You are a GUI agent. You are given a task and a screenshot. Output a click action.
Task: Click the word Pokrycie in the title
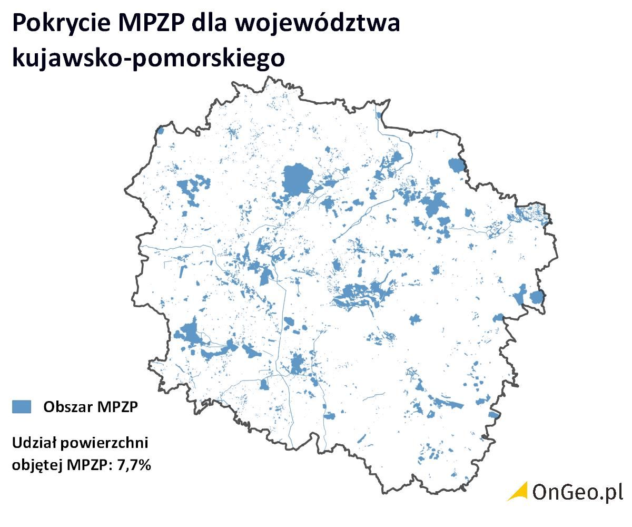60,24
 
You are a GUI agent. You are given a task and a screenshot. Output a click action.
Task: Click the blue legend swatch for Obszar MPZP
22,406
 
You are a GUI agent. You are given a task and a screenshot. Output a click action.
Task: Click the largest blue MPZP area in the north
297,179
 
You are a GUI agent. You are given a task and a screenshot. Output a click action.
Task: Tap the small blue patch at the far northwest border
160,131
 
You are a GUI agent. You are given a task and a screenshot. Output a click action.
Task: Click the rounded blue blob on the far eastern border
537,297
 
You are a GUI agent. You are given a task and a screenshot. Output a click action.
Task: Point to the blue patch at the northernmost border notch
379,115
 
